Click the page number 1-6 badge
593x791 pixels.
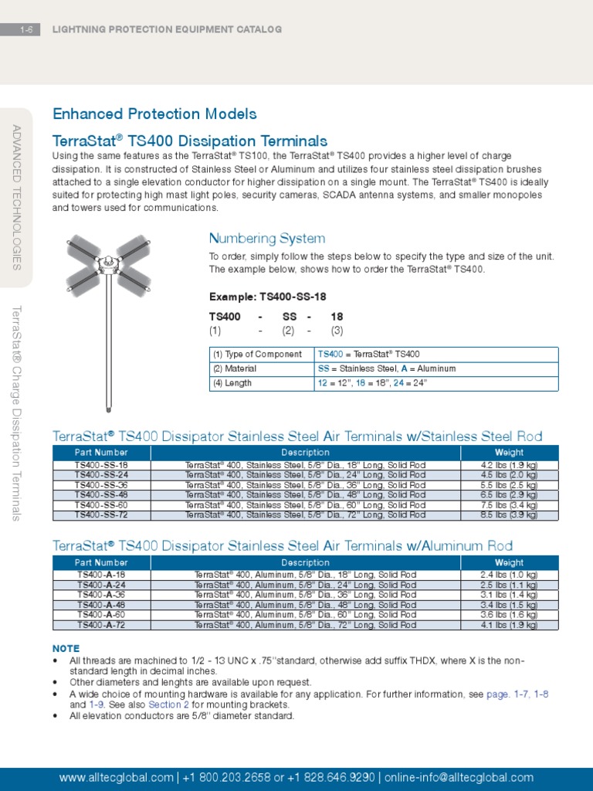[29, 29]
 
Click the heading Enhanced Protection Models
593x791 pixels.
[154, 114]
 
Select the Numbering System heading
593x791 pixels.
[267, 239]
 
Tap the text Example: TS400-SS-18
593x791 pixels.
[267, 297]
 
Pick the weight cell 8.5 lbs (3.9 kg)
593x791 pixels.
[509, 514]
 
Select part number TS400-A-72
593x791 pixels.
[101, 625]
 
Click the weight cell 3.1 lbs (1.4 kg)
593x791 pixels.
[509, 595]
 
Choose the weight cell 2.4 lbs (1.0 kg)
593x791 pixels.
[509, 575]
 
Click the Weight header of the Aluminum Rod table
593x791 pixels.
[509, 563]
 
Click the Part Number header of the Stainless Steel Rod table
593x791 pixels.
[101, 453]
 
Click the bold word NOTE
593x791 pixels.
[66, 648]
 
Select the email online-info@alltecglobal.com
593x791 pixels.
[459, 778]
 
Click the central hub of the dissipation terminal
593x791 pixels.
[108, 263]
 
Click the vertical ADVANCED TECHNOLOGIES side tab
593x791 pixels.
[17, 197]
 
